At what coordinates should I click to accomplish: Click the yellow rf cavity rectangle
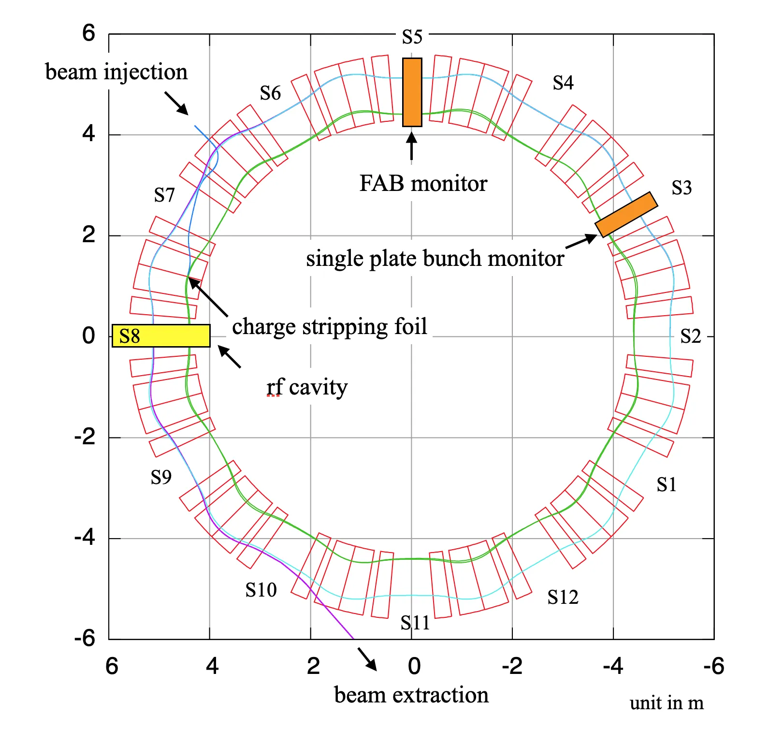coord(161,336)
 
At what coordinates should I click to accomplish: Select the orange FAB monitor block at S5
coord(412,92)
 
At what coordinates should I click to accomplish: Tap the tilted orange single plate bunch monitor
coord(626,214)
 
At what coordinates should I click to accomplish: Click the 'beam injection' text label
coord(116,72)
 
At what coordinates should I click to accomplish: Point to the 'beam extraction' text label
coord(411,695)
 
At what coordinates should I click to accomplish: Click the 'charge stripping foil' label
coord(330,326)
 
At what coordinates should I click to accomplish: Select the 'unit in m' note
coord(666,703)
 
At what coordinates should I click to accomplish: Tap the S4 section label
coord(563,83)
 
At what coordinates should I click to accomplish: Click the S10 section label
coord(261,590)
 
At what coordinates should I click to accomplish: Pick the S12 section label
coord(563,598)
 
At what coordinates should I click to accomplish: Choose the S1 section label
coord(666,484)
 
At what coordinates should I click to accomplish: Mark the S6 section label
coord(270,93)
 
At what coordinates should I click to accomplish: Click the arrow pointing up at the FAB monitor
coord(411,145)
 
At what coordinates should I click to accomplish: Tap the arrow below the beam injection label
coord(176,103)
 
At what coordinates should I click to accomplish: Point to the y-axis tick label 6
coord(88,33)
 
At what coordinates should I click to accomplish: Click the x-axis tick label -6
coord(713,666)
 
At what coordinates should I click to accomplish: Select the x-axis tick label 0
coord(414,666)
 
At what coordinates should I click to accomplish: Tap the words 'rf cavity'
coord(307,387)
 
